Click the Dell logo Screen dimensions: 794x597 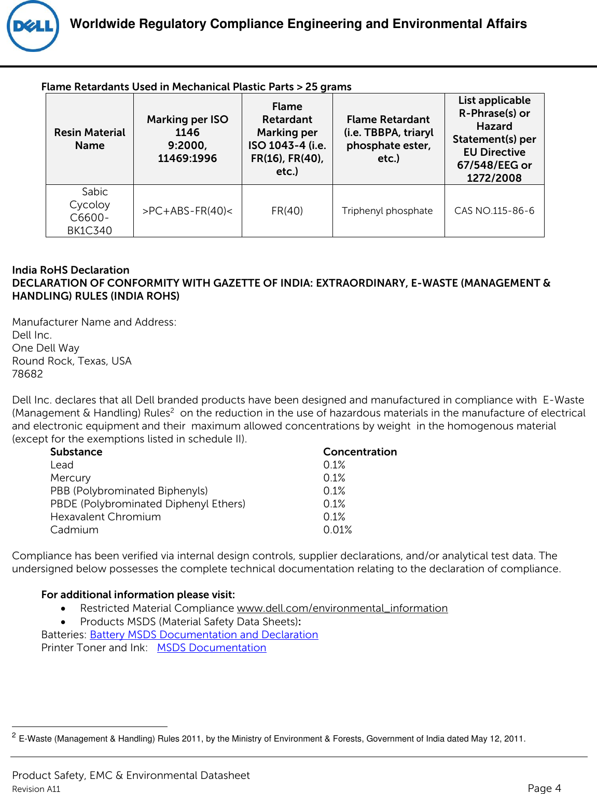coord(33,26)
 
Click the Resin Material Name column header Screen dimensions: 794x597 coord(90,139)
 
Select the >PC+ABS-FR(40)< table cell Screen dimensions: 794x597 coord(187,211)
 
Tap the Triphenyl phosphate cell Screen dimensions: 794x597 coord(387,211)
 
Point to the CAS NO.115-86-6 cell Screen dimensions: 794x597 coord(494,211)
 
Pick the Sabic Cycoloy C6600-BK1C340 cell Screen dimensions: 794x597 coord(90,211)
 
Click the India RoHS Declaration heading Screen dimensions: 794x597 coord(71,270)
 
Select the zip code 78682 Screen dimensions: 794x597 coord(27,374)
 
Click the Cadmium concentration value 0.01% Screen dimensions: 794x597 coord(337,530)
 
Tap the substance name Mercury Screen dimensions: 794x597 coord(71,478)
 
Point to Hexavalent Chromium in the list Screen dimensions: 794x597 coord(105,517)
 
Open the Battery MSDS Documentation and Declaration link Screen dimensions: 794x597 coord(204,635)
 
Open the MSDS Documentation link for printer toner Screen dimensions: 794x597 coord(212,648)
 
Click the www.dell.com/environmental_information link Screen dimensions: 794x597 coord(342,608)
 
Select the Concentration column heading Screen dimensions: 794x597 coord(360,452)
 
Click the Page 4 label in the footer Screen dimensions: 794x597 coord(544,788)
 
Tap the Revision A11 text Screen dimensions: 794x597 coord(36,789)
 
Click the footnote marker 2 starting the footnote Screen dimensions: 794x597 coord(14,735)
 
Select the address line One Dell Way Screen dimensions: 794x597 coord(46,348)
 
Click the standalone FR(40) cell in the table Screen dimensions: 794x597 coord(287,211)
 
